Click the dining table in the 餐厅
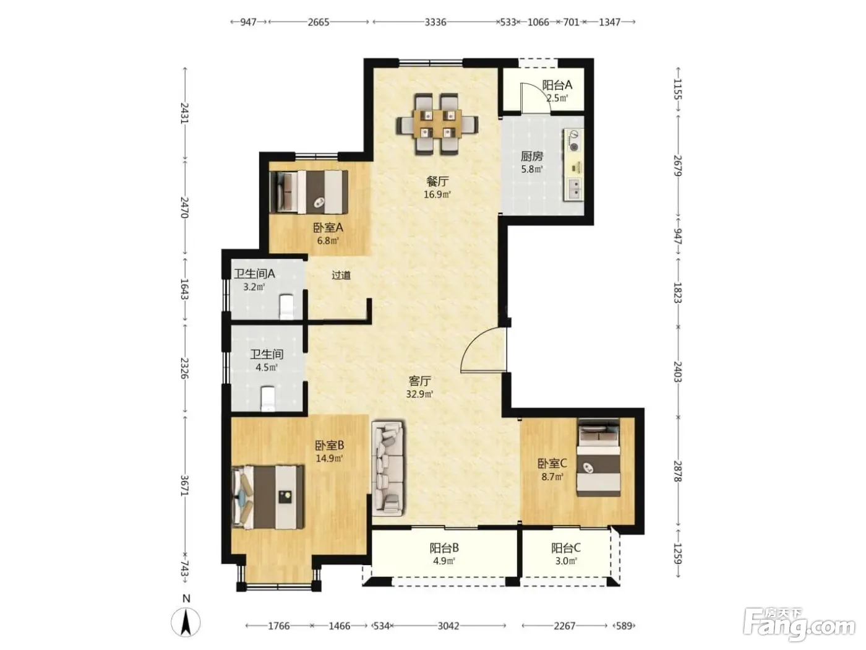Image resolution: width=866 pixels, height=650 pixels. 437,124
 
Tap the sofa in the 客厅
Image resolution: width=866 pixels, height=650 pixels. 388,469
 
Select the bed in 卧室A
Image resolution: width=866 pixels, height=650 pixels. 309,192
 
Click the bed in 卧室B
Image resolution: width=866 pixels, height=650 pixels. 268,497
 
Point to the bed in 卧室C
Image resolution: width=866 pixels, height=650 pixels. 598,457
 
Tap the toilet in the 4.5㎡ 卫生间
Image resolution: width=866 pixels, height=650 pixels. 268,399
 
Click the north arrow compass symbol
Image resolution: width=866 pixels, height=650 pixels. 186,622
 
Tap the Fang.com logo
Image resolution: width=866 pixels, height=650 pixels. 799,623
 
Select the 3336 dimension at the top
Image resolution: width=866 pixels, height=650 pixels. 435,22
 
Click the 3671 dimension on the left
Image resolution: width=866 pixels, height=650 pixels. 184,485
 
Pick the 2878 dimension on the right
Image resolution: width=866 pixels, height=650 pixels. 678,471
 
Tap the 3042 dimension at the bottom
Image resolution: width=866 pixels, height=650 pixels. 448,626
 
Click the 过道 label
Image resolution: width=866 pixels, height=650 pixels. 341,275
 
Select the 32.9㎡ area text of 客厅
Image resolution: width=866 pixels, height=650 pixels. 419,394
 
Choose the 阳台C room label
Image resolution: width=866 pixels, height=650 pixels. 566,548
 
